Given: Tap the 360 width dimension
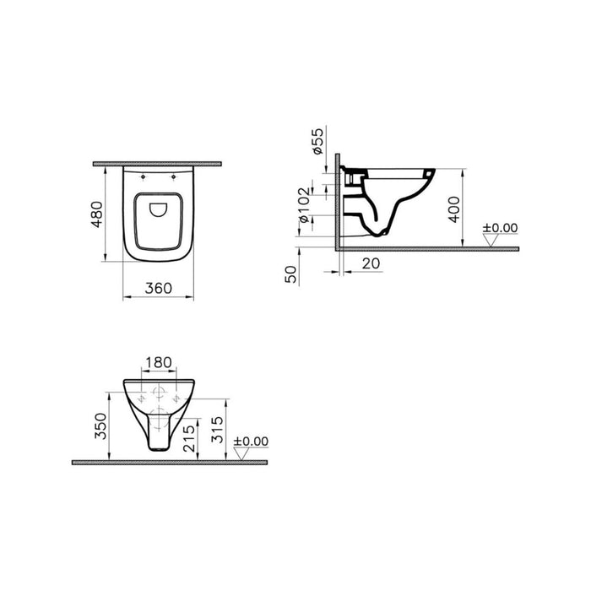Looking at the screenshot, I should point(158,287).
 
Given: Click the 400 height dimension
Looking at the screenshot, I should point(453,206).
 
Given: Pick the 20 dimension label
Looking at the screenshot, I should point(369,263).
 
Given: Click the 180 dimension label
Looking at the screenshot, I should point(159,363).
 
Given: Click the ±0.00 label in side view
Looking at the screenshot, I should point(499,228).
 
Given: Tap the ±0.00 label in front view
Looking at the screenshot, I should point(250,441).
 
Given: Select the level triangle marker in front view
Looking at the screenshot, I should point(241,454).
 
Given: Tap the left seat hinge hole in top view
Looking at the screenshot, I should point(141,178).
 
